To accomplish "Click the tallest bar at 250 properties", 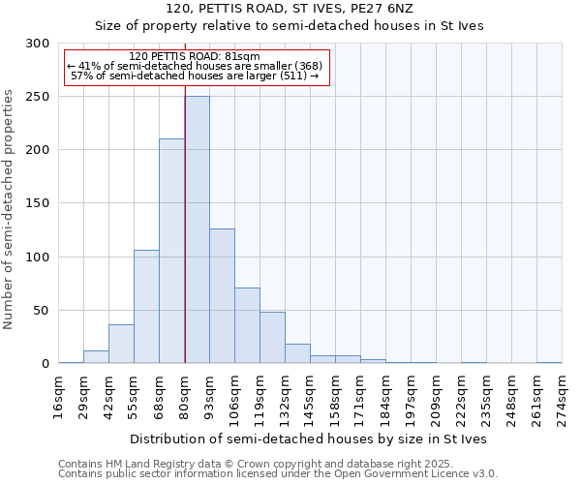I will click(197, 229).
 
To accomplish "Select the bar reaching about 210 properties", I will click(171, 251).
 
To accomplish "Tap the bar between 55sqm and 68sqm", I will click(146, 306).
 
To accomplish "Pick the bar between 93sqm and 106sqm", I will click(222, 295).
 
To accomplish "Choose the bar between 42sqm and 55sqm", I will click(121, 344).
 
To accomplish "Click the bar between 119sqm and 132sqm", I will click(272, 338).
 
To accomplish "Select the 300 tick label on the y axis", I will click(38, 44).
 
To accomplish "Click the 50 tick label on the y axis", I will click(42, 311).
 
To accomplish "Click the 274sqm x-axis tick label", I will click(563, 397).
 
